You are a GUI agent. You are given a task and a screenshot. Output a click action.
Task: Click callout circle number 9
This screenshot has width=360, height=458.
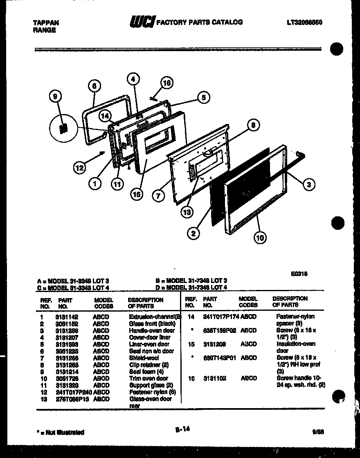(56, 97)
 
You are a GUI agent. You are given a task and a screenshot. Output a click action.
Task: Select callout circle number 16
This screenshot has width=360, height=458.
(166, 83)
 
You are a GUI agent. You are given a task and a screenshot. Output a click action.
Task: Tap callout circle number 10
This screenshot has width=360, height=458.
(260, 237)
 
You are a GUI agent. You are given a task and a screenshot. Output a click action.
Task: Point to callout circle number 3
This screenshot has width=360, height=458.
(309, 185)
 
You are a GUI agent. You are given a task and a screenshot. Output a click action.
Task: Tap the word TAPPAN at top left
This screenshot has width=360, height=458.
(46, 23)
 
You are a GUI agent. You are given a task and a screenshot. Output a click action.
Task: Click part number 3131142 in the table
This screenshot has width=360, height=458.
(67, 317)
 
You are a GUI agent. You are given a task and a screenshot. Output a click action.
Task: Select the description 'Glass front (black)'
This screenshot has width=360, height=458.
(152, 323)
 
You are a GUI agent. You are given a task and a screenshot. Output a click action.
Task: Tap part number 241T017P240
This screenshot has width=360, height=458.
(74, 392)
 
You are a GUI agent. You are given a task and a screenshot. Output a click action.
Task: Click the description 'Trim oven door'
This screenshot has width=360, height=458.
(148, 378)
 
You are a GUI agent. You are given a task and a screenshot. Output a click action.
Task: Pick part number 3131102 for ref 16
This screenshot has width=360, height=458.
(215, 379)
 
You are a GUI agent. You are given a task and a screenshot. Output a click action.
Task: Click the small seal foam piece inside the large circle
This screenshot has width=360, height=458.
(63, 128)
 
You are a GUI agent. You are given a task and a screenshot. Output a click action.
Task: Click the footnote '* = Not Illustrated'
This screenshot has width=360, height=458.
(60, 432)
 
